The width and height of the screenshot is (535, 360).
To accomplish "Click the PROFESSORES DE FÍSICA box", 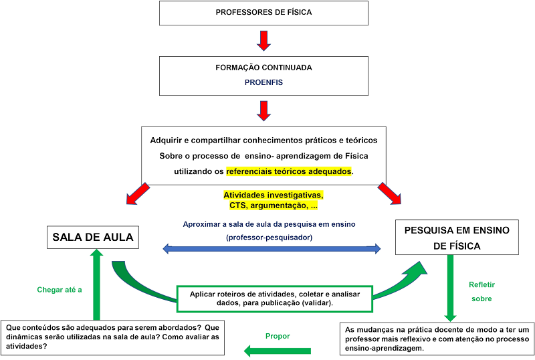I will pos(263,13).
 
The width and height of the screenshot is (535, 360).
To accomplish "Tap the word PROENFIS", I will pos(263,82).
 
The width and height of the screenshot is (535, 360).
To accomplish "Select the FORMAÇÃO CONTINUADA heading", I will pos(263,68).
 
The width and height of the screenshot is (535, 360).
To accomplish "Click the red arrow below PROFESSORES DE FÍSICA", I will pos(263,40).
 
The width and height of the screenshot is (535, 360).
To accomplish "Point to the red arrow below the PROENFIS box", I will pos(263,110).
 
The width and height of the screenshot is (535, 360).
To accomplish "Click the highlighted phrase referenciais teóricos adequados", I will pos(289,171).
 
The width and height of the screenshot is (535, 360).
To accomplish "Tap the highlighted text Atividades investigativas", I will pos(273,195).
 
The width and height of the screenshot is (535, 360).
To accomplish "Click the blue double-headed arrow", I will pos(273,249).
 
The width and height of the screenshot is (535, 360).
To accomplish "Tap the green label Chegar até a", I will pos(60,290).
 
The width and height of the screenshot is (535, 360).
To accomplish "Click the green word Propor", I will pos(277,336).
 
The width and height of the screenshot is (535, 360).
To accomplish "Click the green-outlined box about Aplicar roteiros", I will pos(274,298).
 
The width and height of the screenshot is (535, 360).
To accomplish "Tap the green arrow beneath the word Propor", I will pos(277,350).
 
